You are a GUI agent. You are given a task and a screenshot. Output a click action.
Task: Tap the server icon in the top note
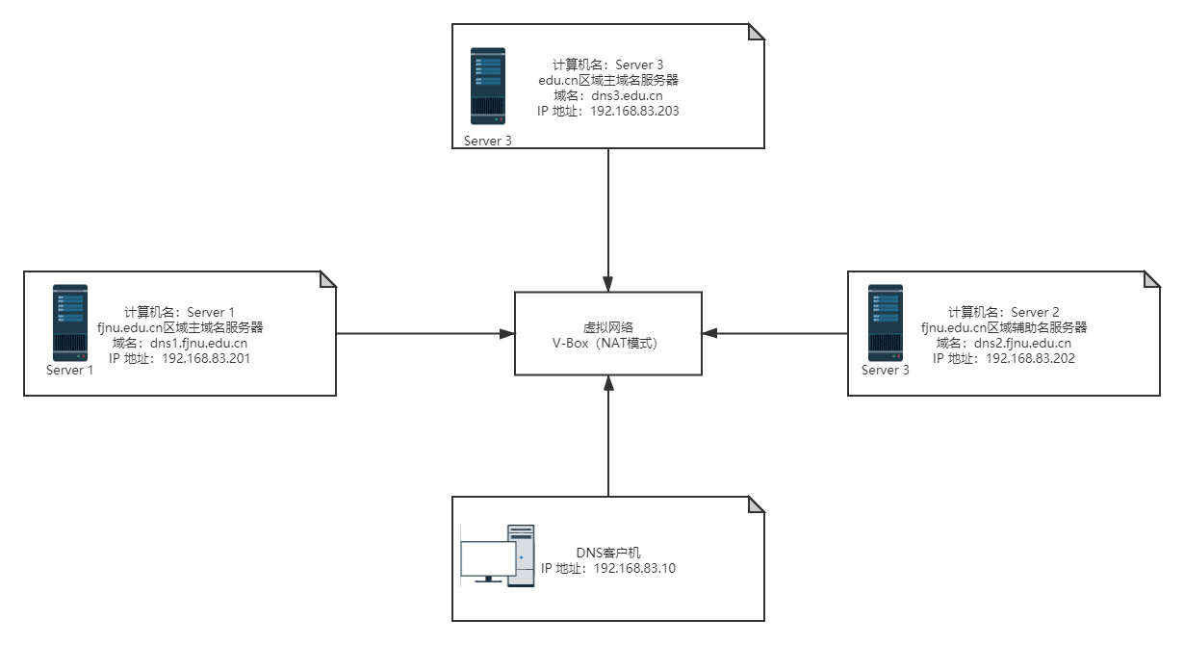point(487,86)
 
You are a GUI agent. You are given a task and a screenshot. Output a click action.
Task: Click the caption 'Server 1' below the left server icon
point(70,370)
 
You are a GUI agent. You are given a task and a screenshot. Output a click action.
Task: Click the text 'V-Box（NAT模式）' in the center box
point(608,342)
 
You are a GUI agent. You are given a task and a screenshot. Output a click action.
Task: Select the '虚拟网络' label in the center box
point(608,326)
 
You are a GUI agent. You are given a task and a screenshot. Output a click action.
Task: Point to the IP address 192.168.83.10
point(621,568)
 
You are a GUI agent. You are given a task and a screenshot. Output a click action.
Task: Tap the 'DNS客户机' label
point(607,553)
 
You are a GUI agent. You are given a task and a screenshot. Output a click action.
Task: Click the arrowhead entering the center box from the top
point(608,284)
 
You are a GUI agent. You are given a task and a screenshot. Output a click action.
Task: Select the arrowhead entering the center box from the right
point(710,334)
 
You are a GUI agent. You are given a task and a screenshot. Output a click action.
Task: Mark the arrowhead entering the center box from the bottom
point(608,383)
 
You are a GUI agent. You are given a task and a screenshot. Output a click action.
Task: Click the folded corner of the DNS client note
point(756,505)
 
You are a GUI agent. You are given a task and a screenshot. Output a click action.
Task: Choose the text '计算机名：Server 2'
point(1004,311)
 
